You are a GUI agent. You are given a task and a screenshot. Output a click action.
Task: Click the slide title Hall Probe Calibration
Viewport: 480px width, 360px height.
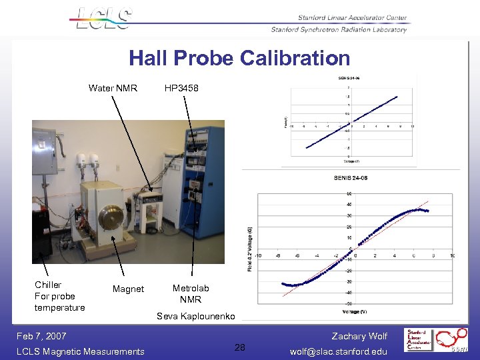[x=239, y=58]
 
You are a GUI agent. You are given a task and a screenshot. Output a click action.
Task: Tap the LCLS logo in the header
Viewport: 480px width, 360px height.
[x=103, y=18]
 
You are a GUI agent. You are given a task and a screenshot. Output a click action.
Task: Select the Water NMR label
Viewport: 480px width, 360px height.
[x=113, y=88]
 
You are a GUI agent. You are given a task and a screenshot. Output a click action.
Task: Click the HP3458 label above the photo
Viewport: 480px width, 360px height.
[x=181, y=88]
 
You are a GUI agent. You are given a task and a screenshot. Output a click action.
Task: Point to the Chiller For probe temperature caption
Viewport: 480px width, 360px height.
[x=60, y=296]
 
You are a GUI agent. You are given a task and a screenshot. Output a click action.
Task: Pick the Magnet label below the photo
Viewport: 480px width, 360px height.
[x=128, y=289]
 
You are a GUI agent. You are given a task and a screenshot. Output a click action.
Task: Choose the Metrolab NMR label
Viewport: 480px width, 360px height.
[x=191, y=293]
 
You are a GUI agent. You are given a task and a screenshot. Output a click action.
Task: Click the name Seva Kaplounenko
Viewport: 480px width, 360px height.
[x=195, y=316]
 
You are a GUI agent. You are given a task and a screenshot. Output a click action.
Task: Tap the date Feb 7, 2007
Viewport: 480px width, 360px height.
[x=41, y=337]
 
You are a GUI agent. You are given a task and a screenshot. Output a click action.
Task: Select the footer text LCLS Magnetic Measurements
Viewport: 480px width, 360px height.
[x=80, y=351]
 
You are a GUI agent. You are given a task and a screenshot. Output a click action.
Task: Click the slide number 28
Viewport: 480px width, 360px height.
[x=240, y=347]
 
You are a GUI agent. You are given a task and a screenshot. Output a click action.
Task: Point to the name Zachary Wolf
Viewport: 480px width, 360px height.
[x=359, y=337]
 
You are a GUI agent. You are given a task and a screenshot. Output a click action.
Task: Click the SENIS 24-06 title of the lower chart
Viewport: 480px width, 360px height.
[x=350, y=177]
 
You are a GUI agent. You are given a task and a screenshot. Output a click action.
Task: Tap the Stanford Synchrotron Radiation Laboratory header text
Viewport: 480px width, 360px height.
[x=339, y=29]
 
